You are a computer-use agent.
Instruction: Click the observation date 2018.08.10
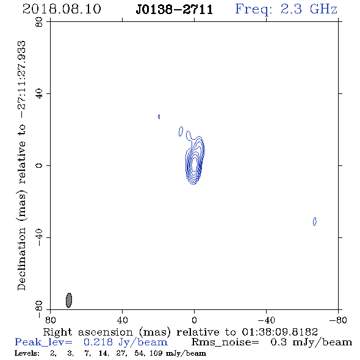[62, 9]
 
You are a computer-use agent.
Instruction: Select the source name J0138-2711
[175, 10]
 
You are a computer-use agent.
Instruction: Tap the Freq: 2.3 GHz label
[286, 9]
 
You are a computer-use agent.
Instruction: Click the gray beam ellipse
[69, 300]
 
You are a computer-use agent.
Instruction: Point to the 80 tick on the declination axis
[39, 22]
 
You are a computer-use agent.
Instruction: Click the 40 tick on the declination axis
[39, 94]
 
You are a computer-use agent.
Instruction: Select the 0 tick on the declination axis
[39, 165]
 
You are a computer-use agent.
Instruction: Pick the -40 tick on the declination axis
[39, 237]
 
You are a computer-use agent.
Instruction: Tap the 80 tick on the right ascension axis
[50, 320]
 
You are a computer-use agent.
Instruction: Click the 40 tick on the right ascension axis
[122, 320]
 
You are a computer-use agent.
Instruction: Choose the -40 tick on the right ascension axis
[266, 320]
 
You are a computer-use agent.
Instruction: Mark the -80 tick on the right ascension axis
[338, 320]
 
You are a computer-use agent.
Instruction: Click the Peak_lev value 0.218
[98, 342]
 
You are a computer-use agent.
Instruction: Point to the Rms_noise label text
[225, 342]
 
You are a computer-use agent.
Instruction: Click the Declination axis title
[22, 166]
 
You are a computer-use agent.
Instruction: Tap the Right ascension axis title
[180, 332]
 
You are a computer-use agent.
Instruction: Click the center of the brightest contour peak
[194, 164]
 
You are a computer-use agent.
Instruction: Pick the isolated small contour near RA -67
[314, 221]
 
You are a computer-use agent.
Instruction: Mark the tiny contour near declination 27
[159, 117]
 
